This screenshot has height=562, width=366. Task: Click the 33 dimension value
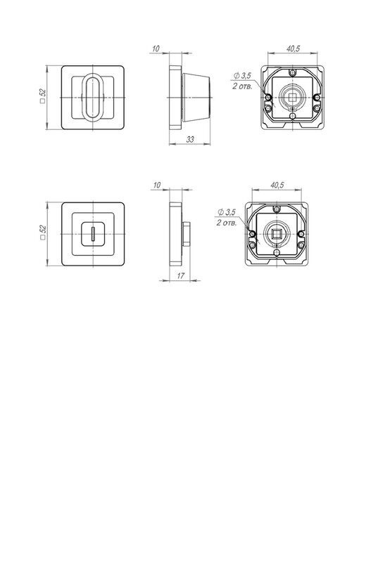click(x=190, y=139)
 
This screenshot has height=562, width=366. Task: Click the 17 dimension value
click(x=181, y=276)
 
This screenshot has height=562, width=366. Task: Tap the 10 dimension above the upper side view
click(x=156, y=48)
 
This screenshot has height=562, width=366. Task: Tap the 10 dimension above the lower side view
click(x=157, y=185)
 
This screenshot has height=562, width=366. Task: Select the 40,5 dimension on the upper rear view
click(x=293, y=48)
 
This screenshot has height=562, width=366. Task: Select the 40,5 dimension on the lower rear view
click(x=277, y=185)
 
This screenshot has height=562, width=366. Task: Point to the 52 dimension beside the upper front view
click(x=43, y=96)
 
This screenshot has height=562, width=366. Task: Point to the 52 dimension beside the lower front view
click(x=43, y=233)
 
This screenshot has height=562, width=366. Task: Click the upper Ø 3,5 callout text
click(x=242, y=76)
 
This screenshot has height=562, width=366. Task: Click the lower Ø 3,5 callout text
click(x=226, y=212)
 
